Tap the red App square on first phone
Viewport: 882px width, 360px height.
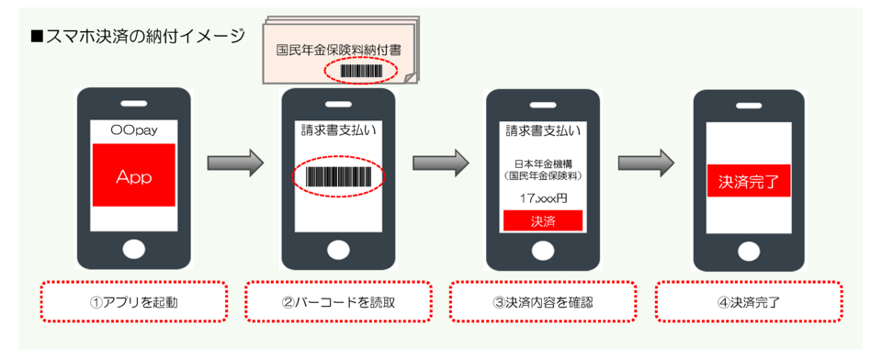pyautogui.click(x=134, y=175)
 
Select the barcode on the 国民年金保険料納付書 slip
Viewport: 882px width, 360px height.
pyautogui.click(x=361, y=71)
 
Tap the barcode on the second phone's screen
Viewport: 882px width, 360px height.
pyautogui.click(x=338, y=176)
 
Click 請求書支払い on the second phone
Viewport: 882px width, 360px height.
pyautogui.click(x=339, y=133)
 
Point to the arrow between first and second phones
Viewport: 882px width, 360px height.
pyautogui.click(x=235, y=163)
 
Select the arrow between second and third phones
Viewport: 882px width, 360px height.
pyautogui.click(x=440, y=163)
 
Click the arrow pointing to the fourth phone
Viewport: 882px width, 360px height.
pyautogui.click(x=646, y=163)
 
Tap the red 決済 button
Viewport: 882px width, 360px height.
pyautogui.click(x=543, y=221)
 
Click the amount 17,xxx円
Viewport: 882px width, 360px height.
pyautogui.click(x=543, y=198)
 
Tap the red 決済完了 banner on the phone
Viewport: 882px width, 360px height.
pyautogui.click(x=749, y=181)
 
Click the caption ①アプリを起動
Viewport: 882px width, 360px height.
pyautogui.click(x=134, y=302)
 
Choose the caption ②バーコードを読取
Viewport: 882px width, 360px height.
pyautogui.click(x=339, y=302)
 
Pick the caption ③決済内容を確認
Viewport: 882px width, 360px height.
pyautogui.click(x=543, y=302)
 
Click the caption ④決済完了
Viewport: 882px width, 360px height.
pyautogui.click(x=750, y=302)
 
